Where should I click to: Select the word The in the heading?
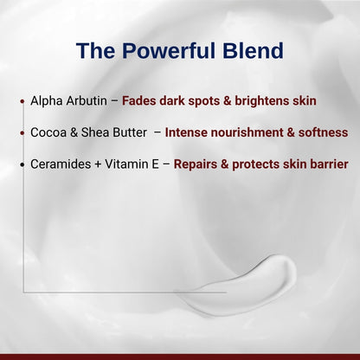(x=98, y=51)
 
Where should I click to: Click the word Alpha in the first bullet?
(x=46, y=100)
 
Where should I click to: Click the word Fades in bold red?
(x=140, y=100)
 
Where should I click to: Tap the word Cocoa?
(x=48, y=132)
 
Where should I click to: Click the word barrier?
(x=328, y=164)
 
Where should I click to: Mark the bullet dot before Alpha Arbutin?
(x=21, y=101)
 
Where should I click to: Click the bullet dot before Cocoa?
(x=21, y=133)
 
